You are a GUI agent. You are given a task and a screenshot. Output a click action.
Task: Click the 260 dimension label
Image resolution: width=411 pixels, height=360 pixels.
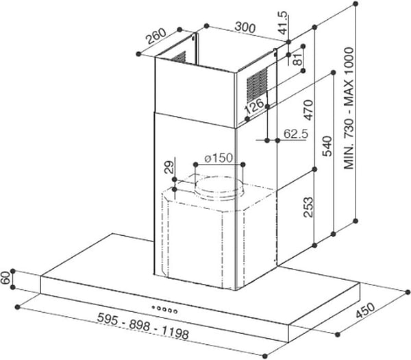[156, 36]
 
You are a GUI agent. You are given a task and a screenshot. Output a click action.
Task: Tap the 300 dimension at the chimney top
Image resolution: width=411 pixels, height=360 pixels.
[245, 27]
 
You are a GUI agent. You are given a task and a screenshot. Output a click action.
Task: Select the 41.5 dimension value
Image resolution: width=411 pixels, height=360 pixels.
[283, 23]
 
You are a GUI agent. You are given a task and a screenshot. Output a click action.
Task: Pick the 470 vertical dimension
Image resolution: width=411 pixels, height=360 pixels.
[308, 110]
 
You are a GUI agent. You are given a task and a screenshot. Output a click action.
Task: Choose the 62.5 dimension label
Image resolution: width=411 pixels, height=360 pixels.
[296, 134]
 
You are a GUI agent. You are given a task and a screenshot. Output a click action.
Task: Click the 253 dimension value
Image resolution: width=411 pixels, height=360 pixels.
[308, 207]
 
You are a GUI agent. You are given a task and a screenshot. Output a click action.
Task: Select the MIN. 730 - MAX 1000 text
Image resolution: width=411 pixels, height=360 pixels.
[349, 108]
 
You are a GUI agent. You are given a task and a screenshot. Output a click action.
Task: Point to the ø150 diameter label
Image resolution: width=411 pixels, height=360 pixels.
[219, 158]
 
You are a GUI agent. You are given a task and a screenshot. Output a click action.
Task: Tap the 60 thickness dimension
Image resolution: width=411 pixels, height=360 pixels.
[5, 278]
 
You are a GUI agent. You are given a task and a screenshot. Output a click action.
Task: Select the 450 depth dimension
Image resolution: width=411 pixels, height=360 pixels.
[365, 310]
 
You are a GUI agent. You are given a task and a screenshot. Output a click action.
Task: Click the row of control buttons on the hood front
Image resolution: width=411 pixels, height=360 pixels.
[164, 309]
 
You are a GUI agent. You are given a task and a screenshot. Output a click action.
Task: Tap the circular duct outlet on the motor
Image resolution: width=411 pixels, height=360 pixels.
[220, 188]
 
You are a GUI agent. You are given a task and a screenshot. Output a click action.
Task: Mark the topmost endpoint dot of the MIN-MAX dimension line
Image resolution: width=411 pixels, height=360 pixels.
[356, 3]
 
